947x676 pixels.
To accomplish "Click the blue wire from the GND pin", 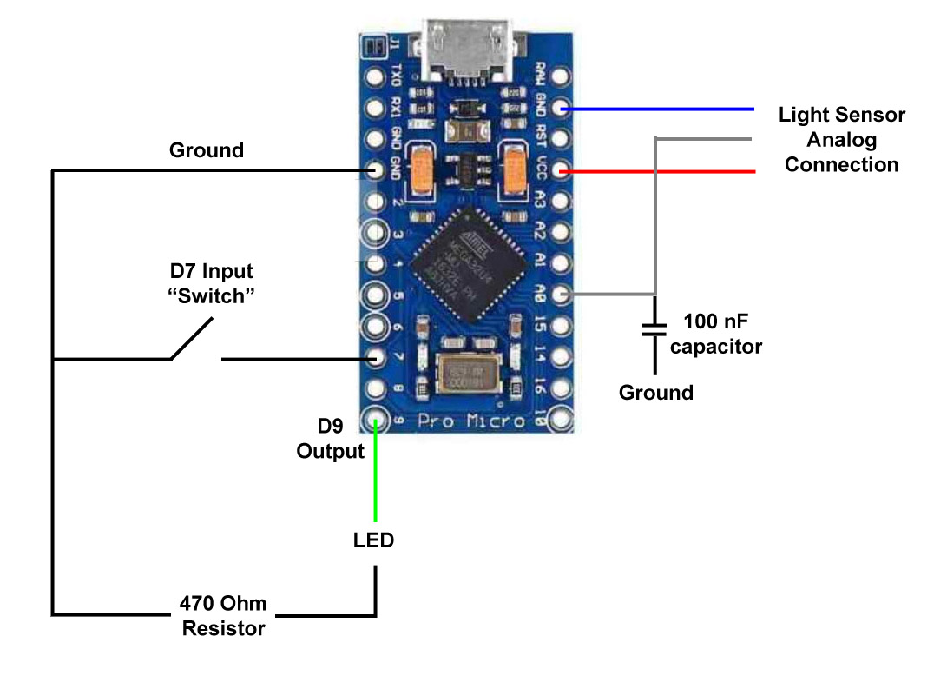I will click(x=660, y=110).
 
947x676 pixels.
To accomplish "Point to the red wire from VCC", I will click(x=660, y=172).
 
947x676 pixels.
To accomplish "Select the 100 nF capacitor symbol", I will click(x=654, y=328).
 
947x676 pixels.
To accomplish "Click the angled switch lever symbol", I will click(x=192, y=340).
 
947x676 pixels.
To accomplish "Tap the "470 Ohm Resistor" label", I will click(x=223, y=615).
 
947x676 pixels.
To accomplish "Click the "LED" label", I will click(x=373, y=540).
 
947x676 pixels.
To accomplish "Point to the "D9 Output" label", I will click(x=330, y=439).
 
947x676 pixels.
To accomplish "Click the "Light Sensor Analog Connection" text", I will click(x=841, y=140).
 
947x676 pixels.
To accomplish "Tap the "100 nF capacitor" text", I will click(x=715, y=335).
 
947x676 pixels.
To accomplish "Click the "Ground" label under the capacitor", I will click(x=656, y=393).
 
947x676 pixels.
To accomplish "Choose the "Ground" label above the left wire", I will click(x=207, y=150).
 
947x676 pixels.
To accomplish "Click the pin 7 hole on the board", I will click(x=376, y=358).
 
